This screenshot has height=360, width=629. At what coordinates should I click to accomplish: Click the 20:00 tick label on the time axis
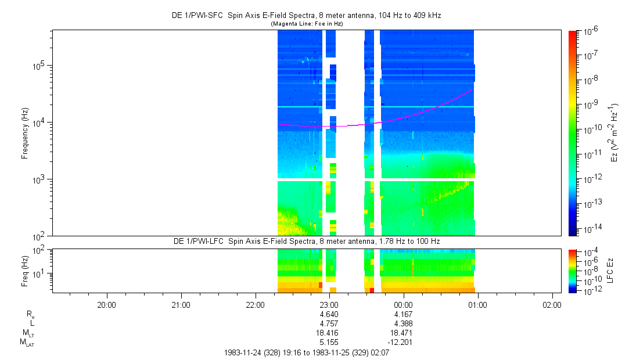point(107,304)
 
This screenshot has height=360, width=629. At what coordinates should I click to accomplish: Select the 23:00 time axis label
point(329,304)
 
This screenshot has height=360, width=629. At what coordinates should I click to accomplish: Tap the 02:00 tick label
point(552,304)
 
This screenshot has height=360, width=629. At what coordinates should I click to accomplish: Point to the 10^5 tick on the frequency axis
point(39,65)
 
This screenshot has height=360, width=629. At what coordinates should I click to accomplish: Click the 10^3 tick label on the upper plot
point(39,179)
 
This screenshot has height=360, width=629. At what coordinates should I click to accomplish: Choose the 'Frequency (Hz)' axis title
point(25,133)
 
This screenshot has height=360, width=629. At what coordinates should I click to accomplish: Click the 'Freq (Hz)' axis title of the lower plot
point(25,271)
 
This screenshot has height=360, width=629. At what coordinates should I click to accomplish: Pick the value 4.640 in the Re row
point(329,314)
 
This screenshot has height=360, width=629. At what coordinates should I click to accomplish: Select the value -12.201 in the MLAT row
point(403,342)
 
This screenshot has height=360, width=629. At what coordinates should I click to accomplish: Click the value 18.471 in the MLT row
point(403,333)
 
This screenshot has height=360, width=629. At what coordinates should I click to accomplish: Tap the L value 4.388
point(403,323)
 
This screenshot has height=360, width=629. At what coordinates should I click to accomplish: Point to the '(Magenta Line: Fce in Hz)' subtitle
point(307,23)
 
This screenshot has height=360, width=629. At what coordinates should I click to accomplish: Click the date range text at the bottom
point(307,352)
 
